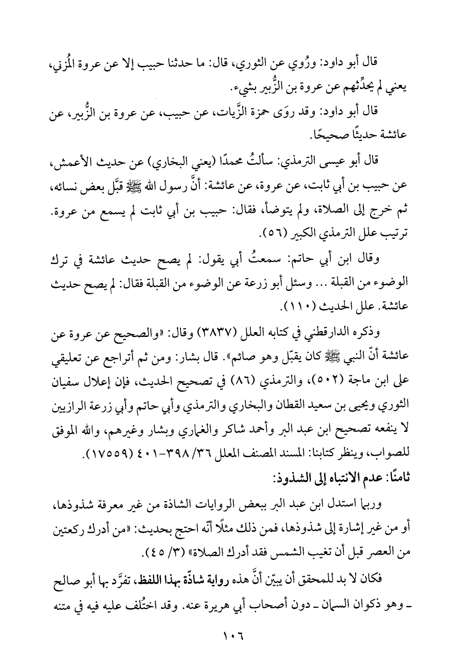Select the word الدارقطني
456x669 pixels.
tap(331, 333)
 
